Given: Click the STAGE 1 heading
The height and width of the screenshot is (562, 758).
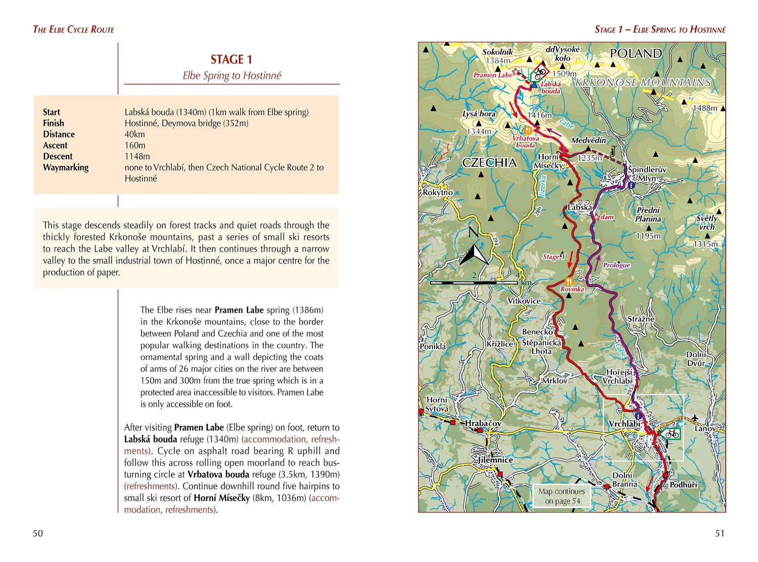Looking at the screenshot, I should (x=231, y=60).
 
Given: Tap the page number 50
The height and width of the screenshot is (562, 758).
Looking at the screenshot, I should (x=38, y=533).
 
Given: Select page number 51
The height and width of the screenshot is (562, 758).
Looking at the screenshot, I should (x=720, y=533).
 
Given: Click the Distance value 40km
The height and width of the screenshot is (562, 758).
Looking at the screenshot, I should (x=134, y=134).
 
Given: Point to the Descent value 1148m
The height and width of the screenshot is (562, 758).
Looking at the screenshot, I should (x=137, y=157).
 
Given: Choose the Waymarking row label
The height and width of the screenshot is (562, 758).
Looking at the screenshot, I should (x=66, y=168).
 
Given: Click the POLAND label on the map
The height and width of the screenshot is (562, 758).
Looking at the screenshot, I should (x=635, y=54).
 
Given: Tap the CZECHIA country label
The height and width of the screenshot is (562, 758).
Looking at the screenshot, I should (x=489, y=163).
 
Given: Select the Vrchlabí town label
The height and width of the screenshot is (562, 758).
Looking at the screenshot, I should (x=624, y=424).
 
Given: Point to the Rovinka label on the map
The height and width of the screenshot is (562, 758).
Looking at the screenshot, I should (x=572, y=289).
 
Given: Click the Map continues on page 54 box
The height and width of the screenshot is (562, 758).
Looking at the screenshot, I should (x=561, y=496).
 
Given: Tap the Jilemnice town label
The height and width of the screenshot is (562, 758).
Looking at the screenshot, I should (x=495, y=460).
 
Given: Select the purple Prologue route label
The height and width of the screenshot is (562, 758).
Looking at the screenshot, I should (x=617, y=265).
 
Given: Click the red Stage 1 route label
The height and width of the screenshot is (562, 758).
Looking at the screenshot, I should (x=553, y=257).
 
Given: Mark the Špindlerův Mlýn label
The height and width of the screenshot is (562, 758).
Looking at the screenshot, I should (x=647, y=174).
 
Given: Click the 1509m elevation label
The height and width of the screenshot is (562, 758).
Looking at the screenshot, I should (x=564, y=74).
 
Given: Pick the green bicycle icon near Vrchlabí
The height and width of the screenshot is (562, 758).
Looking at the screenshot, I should (x=672, y=434).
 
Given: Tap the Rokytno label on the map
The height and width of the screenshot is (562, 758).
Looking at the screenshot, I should (x=438, y=193).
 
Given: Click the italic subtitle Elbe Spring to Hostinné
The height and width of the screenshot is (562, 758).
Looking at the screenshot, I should (x=231, y=76).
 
